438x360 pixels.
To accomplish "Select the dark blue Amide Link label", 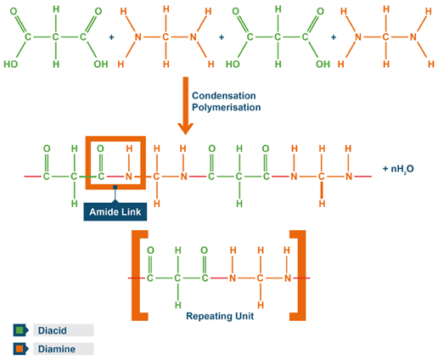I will [x=113, y=210].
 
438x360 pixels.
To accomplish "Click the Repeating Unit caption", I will [x=219, y=314].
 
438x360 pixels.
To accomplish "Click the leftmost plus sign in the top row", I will [x=112, y=38].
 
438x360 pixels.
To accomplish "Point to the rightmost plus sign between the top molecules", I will [x=332, y=38].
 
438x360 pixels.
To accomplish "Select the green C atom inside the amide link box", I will [x=102, y=177].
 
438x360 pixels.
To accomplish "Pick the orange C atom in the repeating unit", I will [x=259, y=277].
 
